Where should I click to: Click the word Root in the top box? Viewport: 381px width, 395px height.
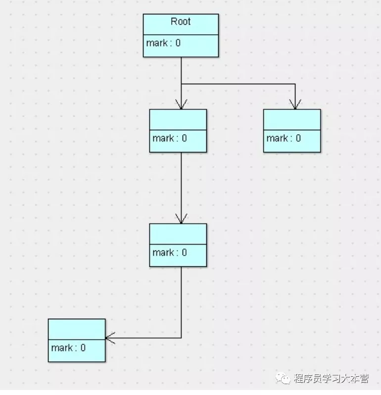pyautogui.click(x=181, y=22)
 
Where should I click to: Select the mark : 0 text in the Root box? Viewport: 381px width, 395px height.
pyautogui.click(x=163, y=43)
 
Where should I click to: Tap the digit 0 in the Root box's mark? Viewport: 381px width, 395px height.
pyautogui.click(x=178, y=43)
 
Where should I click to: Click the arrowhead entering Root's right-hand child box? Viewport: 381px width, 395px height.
pyautogui.click(x=295, y=105)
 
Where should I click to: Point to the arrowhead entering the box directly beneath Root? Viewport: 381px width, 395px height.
pyautogui.click(x=181, y=105)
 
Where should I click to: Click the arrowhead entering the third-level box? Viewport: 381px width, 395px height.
pyautogui.click(x=181, y=219)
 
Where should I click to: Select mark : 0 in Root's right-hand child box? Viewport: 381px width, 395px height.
pyautogui.click(x=284, y=138)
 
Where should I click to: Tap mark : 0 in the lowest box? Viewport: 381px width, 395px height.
pyautogui.click(x=68, y=347)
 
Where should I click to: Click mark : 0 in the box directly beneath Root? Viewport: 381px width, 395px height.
pyautogui.click(x=170, y=138)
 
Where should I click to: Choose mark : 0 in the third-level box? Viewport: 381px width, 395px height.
pyautogui.click(x=170, y=252)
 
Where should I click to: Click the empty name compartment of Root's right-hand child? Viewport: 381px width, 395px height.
pyautogui.click(x=292, y=119)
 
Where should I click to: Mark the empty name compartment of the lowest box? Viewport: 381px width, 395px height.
pyautogui.click(x=77, y=329)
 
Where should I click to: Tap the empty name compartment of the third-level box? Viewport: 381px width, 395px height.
pyautogui.click(x=178, y=234)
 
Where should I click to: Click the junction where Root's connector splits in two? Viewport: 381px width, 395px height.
pyautogui.click(x=181, y=84)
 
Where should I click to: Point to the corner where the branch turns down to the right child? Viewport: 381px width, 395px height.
pyautogui.click(x=295, y=84)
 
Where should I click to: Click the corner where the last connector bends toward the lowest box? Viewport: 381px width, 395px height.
pyautogui.click(x=181, y=338)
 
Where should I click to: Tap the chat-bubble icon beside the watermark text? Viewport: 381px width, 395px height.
pyautogui.click(x=284, y=379)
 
